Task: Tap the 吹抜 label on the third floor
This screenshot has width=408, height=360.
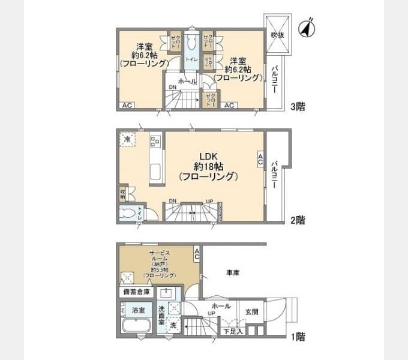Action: pos(277,35)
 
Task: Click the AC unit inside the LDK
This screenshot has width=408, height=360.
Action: pos(260,159)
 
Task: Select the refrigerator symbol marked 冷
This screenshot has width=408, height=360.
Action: pos(127,139)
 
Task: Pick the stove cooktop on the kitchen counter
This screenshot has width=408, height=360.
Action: pos(155,142)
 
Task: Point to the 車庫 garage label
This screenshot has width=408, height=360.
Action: pos(233,273)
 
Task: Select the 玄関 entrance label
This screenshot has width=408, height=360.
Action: pos(252,312)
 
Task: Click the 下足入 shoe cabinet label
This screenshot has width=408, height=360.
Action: pos(233,331)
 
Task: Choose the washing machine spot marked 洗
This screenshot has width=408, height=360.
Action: pos(173,326)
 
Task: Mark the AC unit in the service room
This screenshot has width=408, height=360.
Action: pos(197,255)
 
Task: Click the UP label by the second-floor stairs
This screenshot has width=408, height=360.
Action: pos(209,201)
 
